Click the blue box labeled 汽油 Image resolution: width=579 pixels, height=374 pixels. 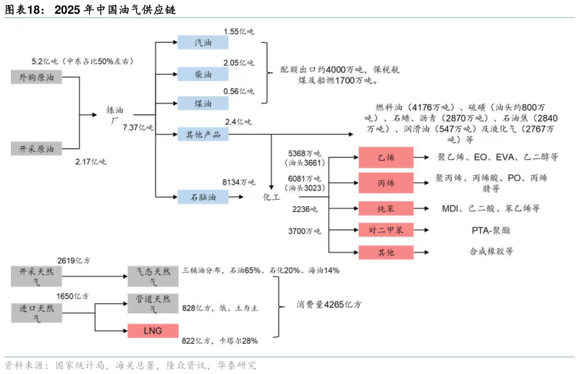(203, 43)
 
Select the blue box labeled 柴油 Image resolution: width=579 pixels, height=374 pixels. (203, 74)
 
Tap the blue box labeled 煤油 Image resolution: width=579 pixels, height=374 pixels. (203, 103)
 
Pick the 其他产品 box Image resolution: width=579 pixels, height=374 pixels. (203, 134)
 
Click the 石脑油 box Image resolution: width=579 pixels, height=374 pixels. (203, 195)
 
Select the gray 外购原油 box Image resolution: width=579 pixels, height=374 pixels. (36, 75)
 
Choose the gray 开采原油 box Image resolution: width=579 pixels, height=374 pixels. (36, 148)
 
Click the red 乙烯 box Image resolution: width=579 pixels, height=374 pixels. (386, 156)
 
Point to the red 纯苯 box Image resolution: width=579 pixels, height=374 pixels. (386, 208)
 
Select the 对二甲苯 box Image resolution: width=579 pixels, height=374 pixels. (386, 230)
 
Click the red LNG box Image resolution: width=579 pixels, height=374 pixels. (152, 331)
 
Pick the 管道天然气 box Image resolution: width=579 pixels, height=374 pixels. (152, 303)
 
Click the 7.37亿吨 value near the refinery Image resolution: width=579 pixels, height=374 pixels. (138, 127)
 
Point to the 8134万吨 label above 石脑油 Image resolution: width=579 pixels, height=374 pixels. (239, 182)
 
